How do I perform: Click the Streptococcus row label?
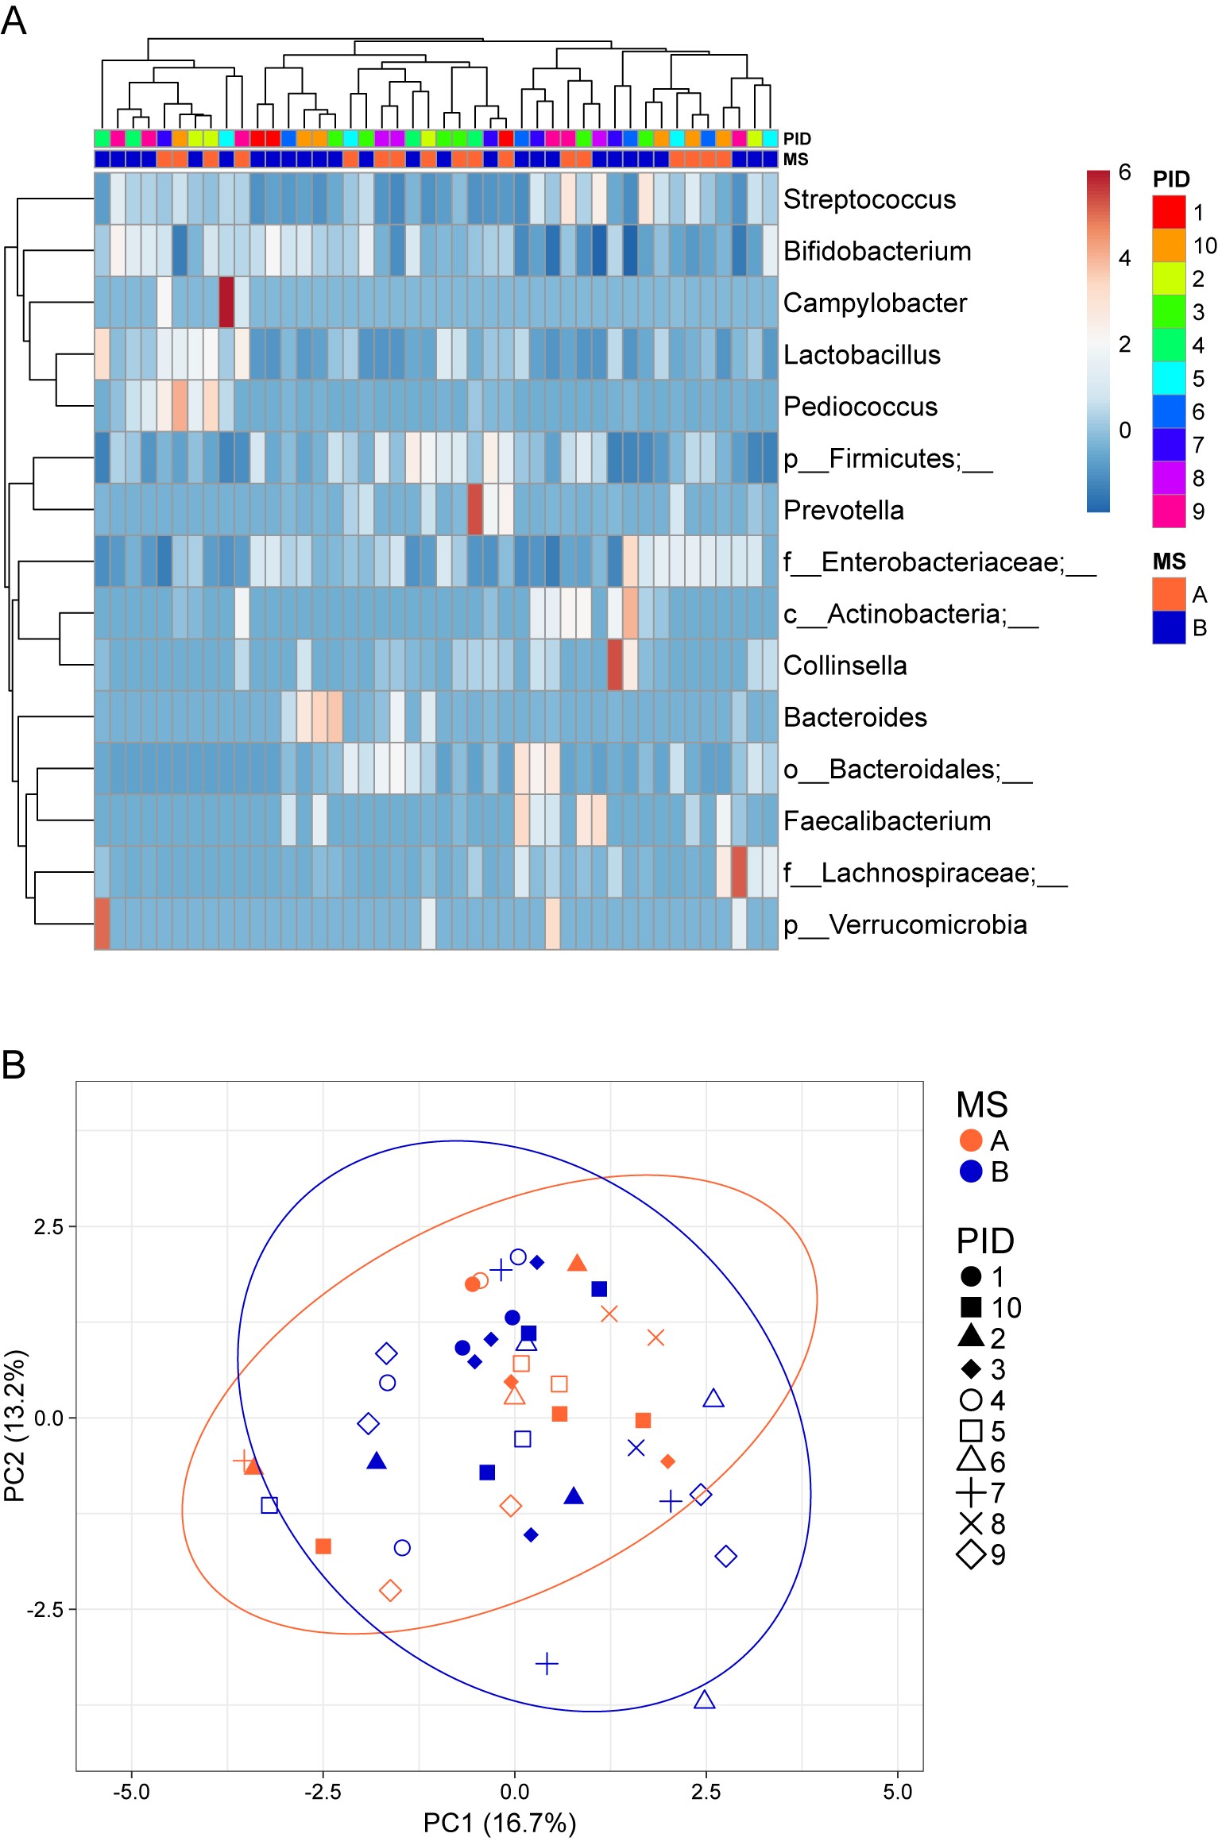(869, 199)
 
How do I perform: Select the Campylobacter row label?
(875, 303)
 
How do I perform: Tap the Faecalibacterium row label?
(887, 820)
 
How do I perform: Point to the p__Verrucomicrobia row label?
(905, 924)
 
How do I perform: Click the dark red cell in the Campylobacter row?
(226, 302)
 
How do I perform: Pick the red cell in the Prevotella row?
(475, 509)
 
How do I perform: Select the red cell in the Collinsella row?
(614, 665)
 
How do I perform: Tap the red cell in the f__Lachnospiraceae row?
(739, 872)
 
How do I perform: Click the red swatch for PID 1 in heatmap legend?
(1169, 212)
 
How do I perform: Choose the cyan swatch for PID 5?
(1169, 378)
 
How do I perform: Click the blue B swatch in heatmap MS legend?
(1169, 627)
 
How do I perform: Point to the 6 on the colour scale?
(1124, 172)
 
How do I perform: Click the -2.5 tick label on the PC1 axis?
(323, 1791)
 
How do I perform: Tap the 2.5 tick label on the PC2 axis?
(48, 1226)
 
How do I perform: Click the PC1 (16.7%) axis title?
(499, 1823)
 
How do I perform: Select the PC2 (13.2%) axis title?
(15, 1425)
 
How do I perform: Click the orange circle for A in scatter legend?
(971, 1140)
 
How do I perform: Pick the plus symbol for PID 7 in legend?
(971, 1493)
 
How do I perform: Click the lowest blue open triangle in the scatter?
(704, 1700)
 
